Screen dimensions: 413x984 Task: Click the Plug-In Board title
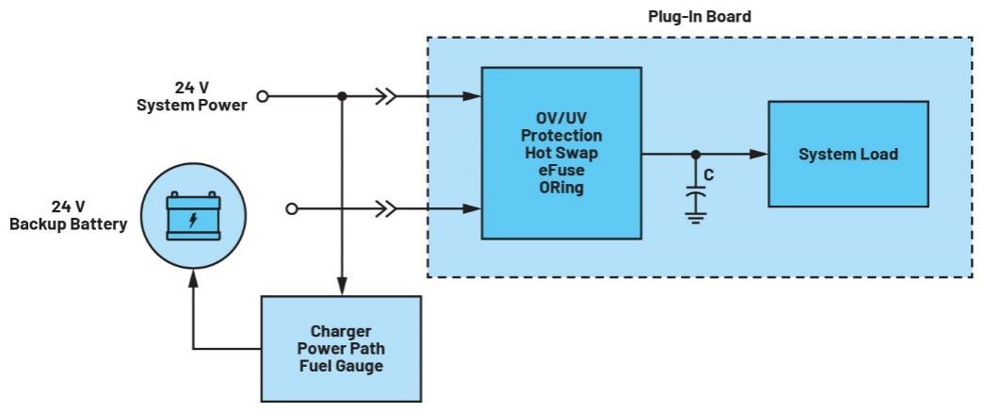(x=699, y=17)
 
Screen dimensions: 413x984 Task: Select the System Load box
(x=848, y=154)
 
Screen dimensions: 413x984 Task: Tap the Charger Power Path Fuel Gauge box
(x=340, y=349)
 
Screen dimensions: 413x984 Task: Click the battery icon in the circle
(x=193, y=216)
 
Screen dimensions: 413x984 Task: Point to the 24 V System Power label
(x=192, y=96)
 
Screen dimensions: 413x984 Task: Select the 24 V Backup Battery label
(x=68, y=215)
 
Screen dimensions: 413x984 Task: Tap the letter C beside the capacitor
(x=710, y=175)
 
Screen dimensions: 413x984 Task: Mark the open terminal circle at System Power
(x=265, y=96)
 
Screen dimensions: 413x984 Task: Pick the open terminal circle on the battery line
(x=292, y=208)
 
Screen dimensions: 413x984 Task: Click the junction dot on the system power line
(x=342, y=96)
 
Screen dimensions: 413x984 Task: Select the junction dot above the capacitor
(x=696, y=154)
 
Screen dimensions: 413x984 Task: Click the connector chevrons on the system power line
(x=385, y=96)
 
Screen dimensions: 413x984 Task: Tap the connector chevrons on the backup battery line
(x=385, y=208)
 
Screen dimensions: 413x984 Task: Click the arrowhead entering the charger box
(x=342, y=288)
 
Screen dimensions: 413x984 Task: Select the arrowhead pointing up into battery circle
(x=193, y=275)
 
